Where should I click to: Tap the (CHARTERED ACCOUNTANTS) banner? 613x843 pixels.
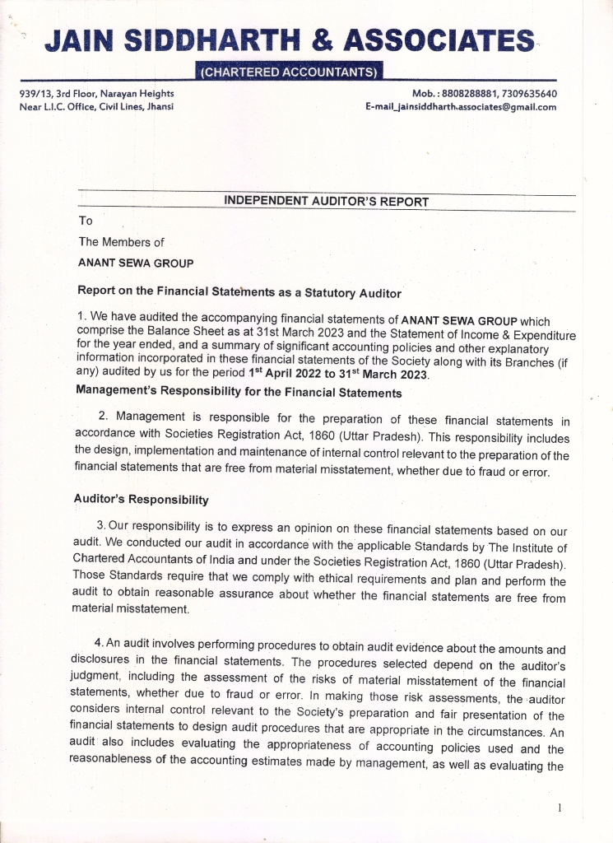[290, 72]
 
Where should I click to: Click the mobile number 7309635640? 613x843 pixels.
[527, 94]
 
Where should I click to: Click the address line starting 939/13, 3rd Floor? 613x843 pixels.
[96, 94]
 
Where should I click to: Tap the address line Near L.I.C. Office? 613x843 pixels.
[95, 106]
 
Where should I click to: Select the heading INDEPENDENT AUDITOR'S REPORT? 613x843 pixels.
[326, 201]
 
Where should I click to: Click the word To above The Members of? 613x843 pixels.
[86, 221]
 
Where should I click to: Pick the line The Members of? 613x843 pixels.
[121, 242]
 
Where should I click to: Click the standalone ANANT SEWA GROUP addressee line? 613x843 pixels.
[136, 263]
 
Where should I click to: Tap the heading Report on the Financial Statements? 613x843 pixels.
[239, 291]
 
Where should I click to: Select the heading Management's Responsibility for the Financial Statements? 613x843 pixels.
[239, 393]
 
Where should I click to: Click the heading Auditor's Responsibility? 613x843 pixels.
[141, 499]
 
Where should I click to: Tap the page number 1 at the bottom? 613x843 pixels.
[560, 808]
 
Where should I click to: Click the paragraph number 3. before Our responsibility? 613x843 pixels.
[100, 525]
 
